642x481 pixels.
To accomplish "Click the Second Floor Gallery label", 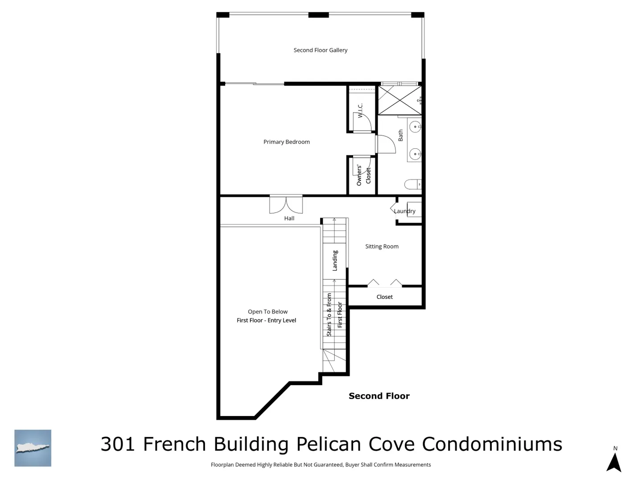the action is tap(320, 50).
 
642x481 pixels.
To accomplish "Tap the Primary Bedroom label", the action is tap(286, 142).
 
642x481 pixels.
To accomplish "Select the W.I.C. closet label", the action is tap(360, 110).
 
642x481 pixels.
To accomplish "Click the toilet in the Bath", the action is tap(413, 184).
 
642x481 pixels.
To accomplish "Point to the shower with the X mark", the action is tap(399, 100).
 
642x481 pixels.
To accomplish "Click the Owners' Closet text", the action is tap(363, 175).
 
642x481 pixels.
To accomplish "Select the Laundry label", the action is tap(404, 211).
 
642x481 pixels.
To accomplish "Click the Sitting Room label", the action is tap(382, 246).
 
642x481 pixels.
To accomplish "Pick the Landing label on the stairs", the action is tap(335, 261).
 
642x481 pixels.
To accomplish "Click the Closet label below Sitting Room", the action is tap(384, 297).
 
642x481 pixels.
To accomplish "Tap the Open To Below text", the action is tap(267, 312).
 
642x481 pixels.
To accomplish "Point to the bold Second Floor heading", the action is tap(379, 396).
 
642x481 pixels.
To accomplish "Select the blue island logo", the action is tap(33, 448).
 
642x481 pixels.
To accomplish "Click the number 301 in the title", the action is tap(118, 444).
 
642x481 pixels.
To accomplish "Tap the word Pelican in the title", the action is tap(329, 444).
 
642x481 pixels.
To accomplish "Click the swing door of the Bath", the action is tap(386, 144).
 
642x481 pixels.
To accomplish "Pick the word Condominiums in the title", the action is tap(492, 444).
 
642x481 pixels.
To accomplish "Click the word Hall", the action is tap(289, 218).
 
